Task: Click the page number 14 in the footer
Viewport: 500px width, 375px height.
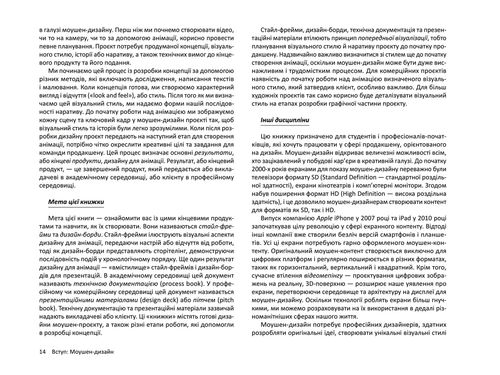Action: [x=43, y=352]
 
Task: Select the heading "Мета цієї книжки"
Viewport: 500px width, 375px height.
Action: [x=76, y=202]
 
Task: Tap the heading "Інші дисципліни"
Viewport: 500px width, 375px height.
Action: [x=284, y=120]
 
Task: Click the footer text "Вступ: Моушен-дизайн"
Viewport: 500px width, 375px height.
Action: [x=82, y=352]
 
